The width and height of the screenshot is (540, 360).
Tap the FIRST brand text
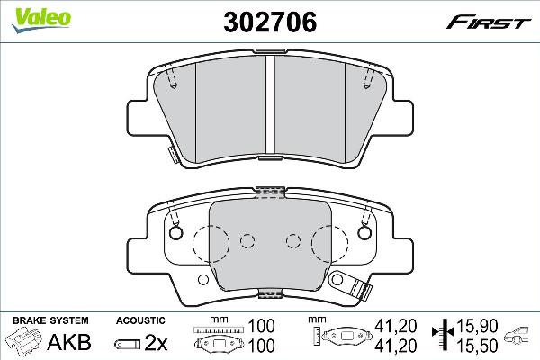495,21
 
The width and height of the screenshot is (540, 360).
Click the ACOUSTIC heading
140,320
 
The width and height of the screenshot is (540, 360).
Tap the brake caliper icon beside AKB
25,342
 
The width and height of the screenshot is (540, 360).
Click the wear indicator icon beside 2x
125,342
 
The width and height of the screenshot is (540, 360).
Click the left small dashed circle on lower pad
248,240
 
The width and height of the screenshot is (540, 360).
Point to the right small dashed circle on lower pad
291,240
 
